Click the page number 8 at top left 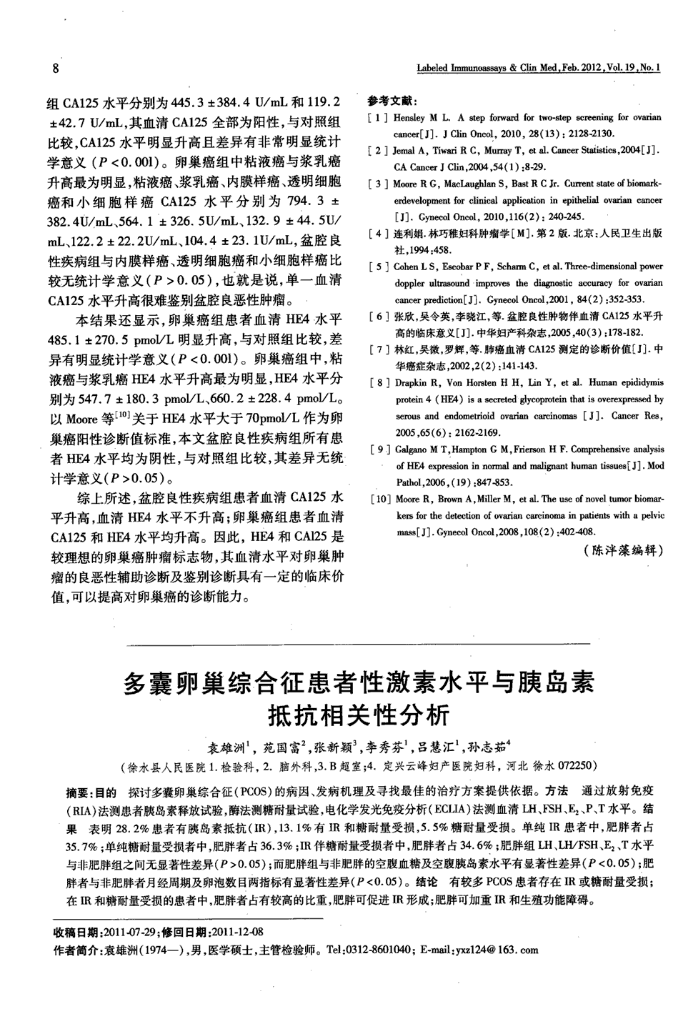point(56,70)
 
